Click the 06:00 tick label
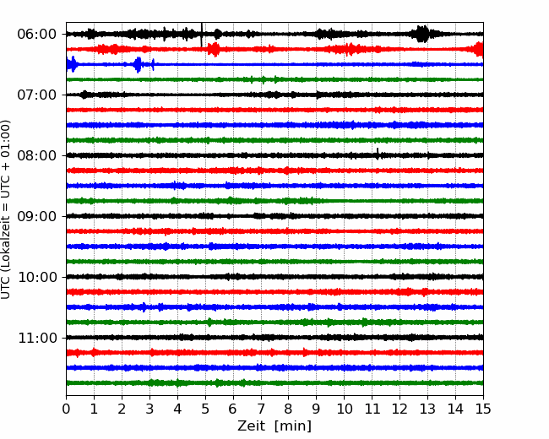[x=36, y=35]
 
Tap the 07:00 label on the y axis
[x=36, y=95]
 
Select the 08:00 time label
[x=36, y=155]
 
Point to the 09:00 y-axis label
[x=36, y=216]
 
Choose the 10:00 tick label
[x=36, y=277]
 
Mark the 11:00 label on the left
[x=36, y=338]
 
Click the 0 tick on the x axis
[x=66, y=409]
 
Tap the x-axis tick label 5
[x=205, y=409]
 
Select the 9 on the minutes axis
[x=317, y=409]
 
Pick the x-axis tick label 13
[x=427, y=409]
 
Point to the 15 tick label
[x=483, y=409]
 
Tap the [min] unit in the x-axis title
[x=293, y=426]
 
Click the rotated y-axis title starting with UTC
[x=5, y=209]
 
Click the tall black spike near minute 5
[x=201, y=35]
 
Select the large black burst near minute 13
[x=423, y=34]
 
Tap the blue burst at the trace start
[x=72, y=64]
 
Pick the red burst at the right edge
[x=479, y=49]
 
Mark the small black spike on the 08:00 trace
[x=378, y=154]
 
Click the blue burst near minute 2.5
[x=138, y=64]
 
